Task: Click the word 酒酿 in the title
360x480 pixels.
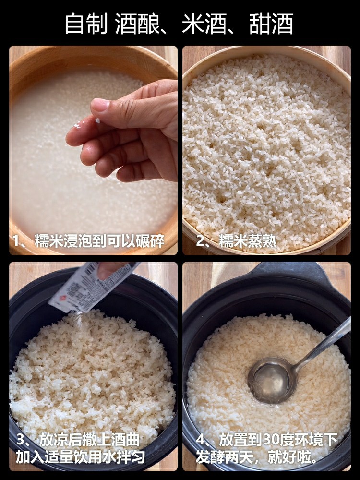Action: [137, 24]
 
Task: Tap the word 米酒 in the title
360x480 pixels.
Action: [204, 24]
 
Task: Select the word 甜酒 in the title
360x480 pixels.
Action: [271, 24]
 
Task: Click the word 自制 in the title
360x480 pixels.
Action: [86, 24]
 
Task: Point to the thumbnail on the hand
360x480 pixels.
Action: [100, 105]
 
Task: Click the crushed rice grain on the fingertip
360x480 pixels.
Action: [97, 120]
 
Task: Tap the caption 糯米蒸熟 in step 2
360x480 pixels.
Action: [247, 241]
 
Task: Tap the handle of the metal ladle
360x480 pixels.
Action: [324, 343]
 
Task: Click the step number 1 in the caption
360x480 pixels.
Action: [16, 241]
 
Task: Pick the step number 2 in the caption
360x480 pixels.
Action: [201, 241]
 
